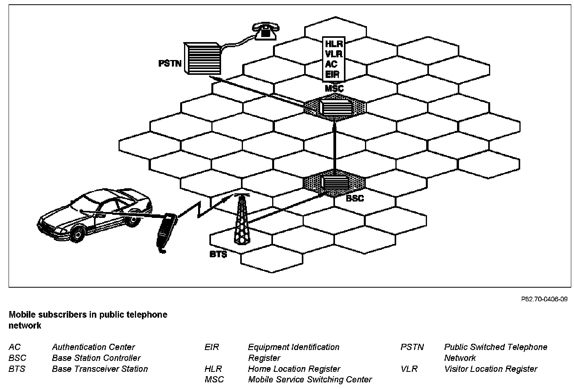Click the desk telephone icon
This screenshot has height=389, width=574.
click(x=266, y=31)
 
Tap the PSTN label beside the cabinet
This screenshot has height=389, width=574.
click(x=170, y=63)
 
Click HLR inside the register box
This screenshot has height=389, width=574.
click(x=333, y=44)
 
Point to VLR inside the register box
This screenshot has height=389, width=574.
click(x=333, y=54)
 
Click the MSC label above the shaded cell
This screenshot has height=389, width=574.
click(x=334, y=89)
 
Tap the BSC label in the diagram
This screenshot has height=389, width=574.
click(x=354, y=198)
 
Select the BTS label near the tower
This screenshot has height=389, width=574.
click(x=218, y=255)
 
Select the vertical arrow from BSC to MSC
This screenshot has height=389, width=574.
click(x=335, y=148)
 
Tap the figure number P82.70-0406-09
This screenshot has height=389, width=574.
click(x=544, y=299)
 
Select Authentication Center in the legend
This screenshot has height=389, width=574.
click(x=93, y=347)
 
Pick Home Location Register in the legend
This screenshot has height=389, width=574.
click(x=294, y=369)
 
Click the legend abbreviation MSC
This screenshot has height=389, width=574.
click(x=214, y=380)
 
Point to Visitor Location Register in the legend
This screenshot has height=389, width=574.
click(x=491, y=369)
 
